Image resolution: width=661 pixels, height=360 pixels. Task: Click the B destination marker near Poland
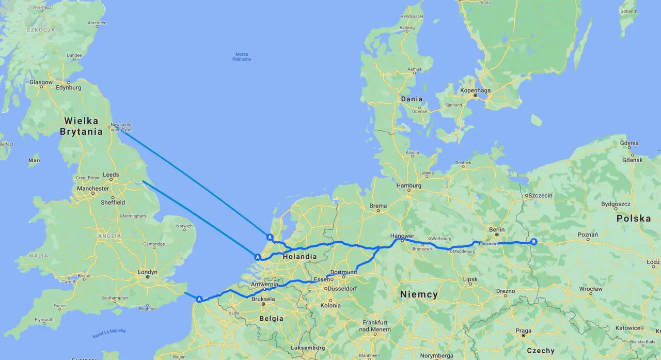534,242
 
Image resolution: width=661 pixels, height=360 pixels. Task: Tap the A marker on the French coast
199,299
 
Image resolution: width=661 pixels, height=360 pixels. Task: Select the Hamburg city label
409,186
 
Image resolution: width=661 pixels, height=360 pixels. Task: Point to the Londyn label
148,272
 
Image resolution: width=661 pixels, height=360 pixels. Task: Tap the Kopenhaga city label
475,90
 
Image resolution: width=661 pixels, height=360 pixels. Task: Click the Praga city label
523,331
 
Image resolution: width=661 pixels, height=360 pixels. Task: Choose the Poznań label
588,235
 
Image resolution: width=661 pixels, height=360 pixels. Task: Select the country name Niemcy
419,294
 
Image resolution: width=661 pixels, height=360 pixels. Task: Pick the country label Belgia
271,318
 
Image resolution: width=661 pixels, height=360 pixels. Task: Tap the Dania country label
412,99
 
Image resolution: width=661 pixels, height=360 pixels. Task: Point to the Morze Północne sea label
242,57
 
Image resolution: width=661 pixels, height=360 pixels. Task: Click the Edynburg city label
68,88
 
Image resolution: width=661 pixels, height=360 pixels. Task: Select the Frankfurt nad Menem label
375,325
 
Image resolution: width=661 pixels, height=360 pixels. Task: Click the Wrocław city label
591,289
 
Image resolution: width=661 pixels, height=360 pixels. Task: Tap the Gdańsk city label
633,160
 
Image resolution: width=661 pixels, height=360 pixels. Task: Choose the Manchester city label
93,189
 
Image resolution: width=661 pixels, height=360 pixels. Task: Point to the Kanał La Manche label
109,333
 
